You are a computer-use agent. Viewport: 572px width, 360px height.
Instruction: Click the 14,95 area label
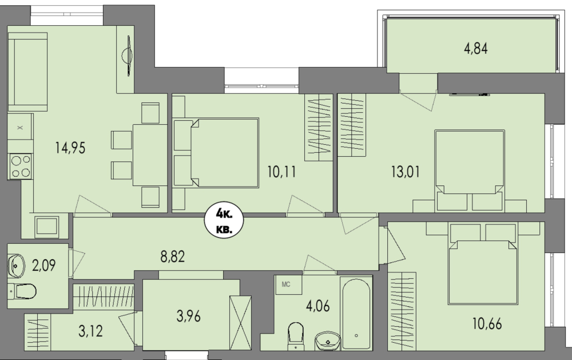[70, 148]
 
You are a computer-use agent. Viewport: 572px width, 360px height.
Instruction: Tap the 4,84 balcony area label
[476, 49]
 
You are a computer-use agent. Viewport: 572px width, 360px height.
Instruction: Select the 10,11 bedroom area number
[281, 172]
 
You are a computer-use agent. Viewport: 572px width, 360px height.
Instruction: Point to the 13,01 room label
[406, 172]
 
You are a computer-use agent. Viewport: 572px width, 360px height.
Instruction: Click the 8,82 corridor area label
[173, 256]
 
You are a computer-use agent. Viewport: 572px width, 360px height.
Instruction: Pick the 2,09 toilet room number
[44, 266]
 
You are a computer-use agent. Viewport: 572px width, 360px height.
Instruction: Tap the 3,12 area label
[90, 331]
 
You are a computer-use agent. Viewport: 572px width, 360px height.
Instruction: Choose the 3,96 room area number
[189, 316]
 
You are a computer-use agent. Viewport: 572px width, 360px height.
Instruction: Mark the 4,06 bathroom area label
[318, 306]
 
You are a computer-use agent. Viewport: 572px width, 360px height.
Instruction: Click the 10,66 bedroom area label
[487, 324]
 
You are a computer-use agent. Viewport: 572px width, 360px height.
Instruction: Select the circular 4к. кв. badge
[224, 221]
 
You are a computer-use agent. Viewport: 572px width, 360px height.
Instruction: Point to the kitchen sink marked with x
[21, 128]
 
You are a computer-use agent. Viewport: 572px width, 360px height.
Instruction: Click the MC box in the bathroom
[288, 285]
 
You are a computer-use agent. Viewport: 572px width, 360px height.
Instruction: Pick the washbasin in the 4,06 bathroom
[328, 341]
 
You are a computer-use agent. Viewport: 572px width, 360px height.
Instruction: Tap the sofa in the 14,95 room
[27, 72]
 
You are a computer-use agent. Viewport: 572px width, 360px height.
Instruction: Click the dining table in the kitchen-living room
[149, 155]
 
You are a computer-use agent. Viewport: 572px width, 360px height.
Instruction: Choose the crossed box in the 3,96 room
[240, 323]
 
